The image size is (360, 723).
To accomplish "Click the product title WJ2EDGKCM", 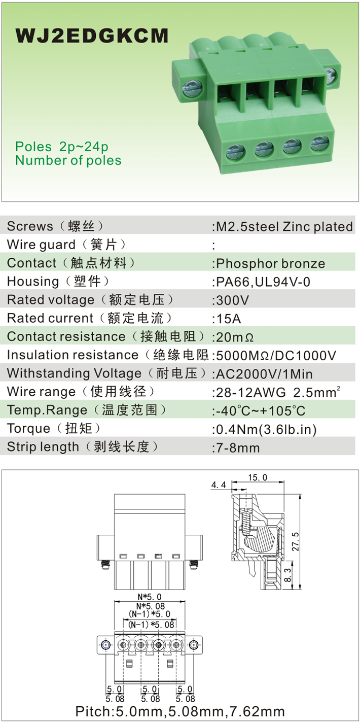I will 92,36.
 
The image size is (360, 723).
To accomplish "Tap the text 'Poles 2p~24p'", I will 62,147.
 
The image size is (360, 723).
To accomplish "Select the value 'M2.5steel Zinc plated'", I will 283,227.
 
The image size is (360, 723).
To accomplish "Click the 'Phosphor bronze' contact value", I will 269,264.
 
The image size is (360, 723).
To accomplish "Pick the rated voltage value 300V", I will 231,300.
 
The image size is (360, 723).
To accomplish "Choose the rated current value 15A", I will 227,319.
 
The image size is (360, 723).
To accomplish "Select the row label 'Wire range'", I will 41,392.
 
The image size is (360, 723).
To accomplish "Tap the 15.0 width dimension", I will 258,478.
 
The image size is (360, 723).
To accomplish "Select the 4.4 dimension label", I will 218,486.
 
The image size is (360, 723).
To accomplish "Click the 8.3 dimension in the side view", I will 287,575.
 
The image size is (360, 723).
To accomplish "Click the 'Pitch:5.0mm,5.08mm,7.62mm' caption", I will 180,711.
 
